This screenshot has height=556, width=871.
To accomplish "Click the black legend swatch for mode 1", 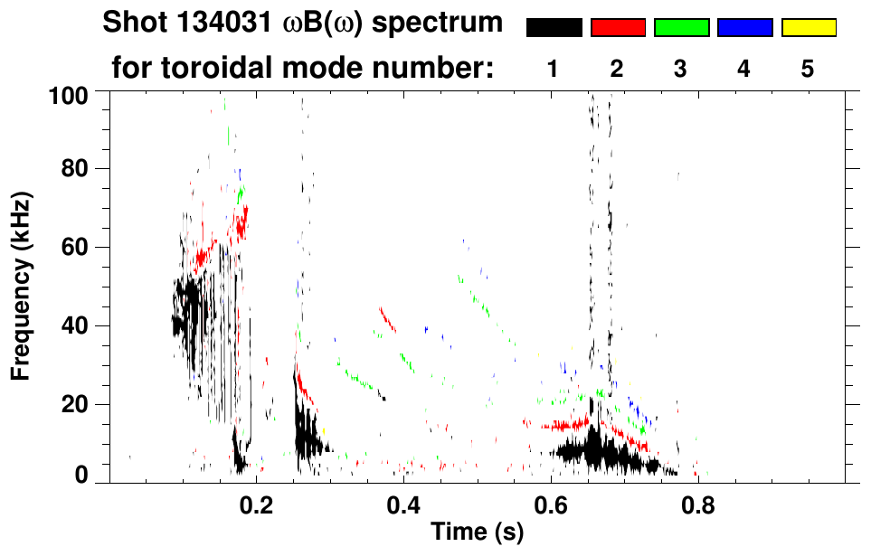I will pyautogui.click(x=554, y=28).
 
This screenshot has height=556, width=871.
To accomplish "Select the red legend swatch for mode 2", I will pyautogui.click(x=618, y=28).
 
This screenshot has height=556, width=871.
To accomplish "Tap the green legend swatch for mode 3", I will pyautogui.click(x=681, y=28).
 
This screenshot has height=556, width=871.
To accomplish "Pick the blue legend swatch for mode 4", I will pyautogui.click(x=744, y=28).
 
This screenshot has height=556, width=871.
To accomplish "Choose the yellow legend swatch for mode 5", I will pyautogui.click(x=808, y=28).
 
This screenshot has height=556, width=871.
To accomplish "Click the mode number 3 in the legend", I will pyautogui.click(x=680, y=69).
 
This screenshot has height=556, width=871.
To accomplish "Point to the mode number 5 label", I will pyautogui.click(x=808, y=69).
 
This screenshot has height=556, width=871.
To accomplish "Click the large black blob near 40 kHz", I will pyautogui.click(x=189, y=312).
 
